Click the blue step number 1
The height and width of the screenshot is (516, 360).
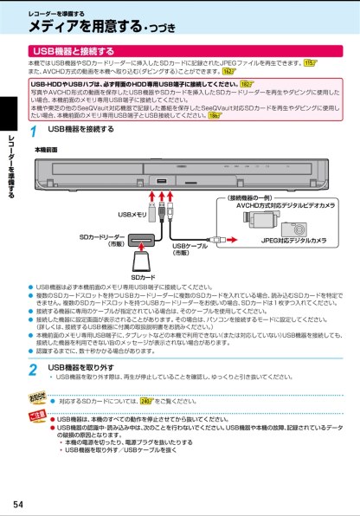pyautogui.click(x=32, y=133)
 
